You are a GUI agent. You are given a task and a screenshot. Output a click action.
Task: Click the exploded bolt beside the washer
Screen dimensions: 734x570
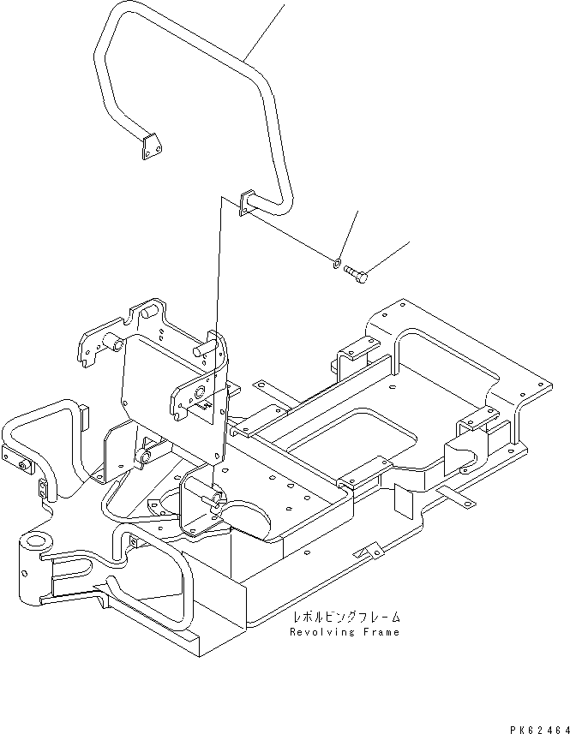tap(357, 274)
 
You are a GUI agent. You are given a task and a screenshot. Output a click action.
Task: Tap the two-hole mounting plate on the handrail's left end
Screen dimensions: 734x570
tap(151, 146)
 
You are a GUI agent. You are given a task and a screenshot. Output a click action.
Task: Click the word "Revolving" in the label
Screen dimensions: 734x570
tap(316, 632)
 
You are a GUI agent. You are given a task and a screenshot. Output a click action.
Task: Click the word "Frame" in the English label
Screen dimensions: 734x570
tap(380, 632)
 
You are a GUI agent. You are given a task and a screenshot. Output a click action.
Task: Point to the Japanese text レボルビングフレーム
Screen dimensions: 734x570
tap(346, 617)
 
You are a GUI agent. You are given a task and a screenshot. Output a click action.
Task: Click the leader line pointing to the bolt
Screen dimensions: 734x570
tap(390, 255)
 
